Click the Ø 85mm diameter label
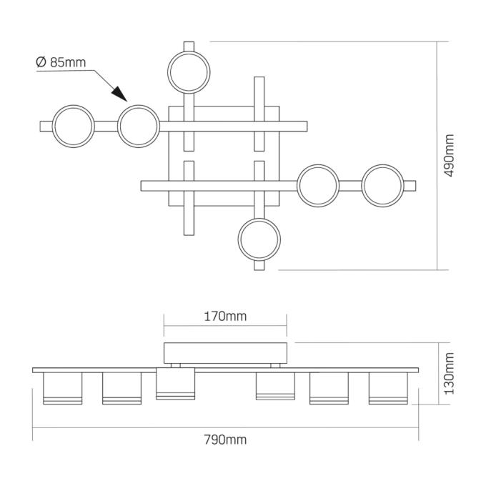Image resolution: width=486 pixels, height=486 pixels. click(x=61, y=62)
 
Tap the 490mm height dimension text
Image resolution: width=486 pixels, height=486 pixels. click(x=449, y=156)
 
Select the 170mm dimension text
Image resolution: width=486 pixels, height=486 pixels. click(x=225, y=317)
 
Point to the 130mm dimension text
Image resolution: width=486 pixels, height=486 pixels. click(x=449, y=373)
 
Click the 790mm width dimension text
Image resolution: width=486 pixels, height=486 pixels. click(x=225, y=440)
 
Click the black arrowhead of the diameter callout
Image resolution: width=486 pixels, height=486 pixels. click(x=119, y=94)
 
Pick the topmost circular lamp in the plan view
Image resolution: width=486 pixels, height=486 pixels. click(x=189, y=72)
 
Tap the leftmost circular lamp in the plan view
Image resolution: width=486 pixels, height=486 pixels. click(x=73, y=127)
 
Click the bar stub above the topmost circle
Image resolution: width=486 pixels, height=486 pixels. click(x=189, y=46)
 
